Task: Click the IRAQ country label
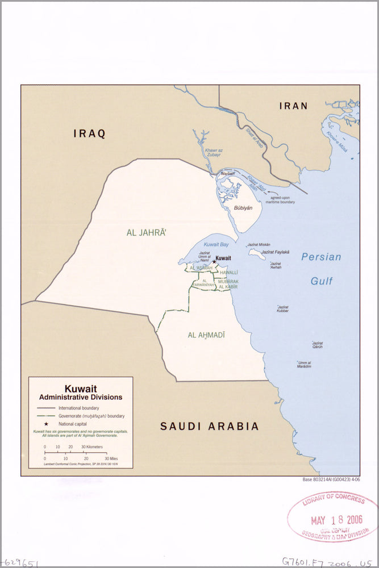[90, 134]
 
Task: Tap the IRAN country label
[293, 106]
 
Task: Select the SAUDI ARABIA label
[209, 426]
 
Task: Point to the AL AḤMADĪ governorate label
[206, 335]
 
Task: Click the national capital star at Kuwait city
[214, 261]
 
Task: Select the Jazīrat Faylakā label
[276, 252]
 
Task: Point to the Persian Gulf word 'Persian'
[321, 257]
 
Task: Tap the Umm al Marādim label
[304, 365]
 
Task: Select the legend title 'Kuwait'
[80, 389]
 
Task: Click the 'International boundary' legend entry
[78, 408]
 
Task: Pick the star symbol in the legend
[45, 424]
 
